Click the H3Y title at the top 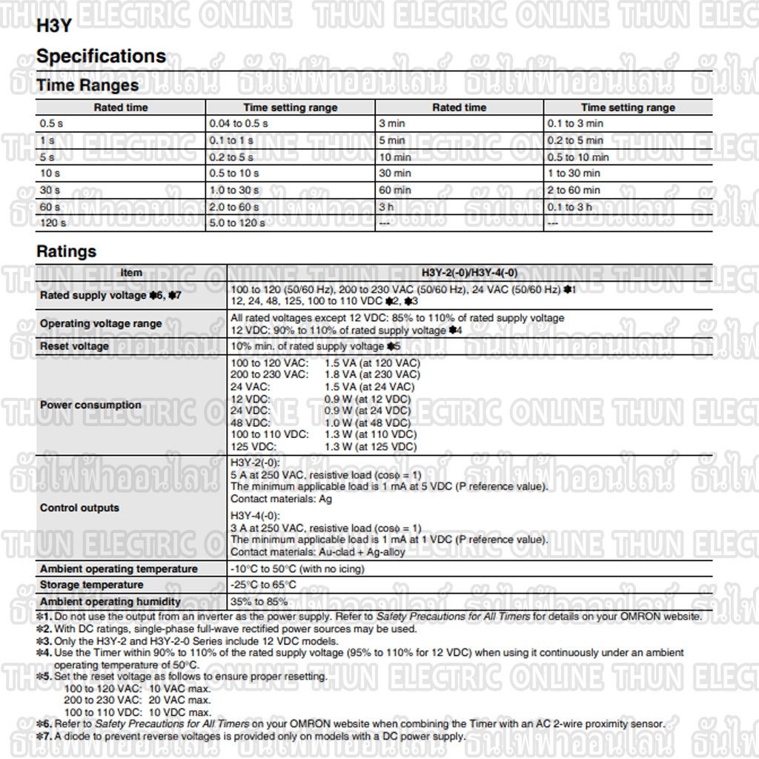[53, 24]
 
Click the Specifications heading [101, 56]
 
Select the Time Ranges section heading [87, 85]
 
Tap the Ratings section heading [66, 251]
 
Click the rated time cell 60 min [394, 190]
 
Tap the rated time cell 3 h [387, 207]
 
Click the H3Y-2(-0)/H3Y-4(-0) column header [470, 273]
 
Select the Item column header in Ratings [131, 273]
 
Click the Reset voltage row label [74, 346]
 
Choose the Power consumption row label [90, 405]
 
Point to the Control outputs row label [79, 508]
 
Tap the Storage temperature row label [92, 585]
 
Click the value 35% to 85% [259, 601]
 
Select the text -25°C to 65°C [264, 585]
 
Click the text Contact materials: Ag [282, 499]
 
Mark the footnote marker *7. [44, 736]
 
